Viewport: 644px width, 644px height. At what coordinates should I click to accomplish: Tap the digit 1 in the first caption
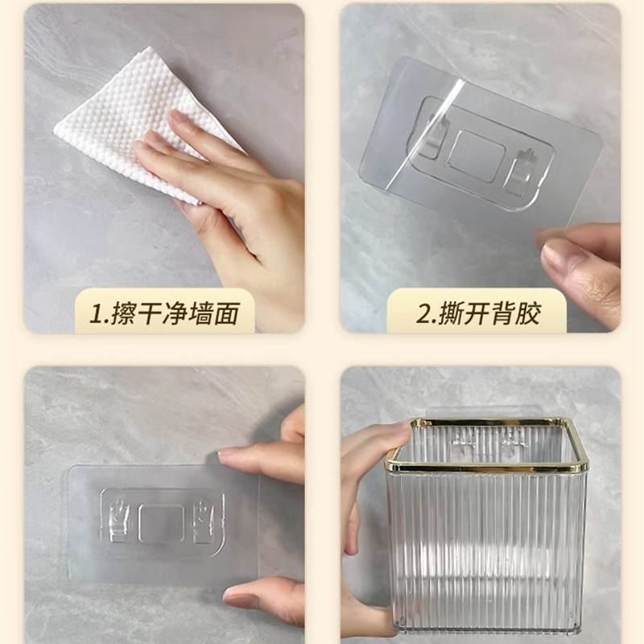tap(99, 313)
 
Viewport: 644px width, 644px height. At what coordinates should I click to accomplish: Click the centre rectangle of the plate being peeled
tap(477, 155)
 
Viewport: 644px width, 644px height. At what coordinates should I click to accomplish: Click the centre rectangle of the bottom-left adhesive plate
tap(161, 522)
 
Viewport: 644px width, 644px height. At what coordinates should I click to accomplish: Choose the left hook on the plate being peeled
tap(429, 137)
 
